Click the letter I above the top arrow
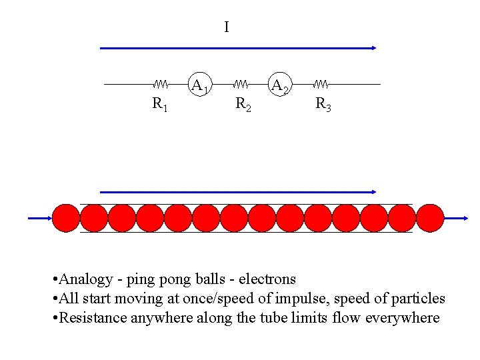tap(227, 27)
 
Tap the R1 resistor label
tap(160, 104)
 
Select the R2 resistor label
tap(244, 104)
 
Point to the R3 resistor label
tap(323, 104)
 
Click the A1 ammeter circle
tap(200, 85)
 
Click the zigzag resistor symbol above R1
tap(160, 85)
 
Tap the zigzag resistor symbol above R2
tap(241, 85)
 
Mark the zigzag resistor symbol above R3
tap(321, 85)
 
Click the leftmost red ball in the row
tap(65, 218)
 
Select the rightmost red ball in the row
tap(430, 218)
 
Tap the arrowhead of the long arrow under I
tap(374, 48)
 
